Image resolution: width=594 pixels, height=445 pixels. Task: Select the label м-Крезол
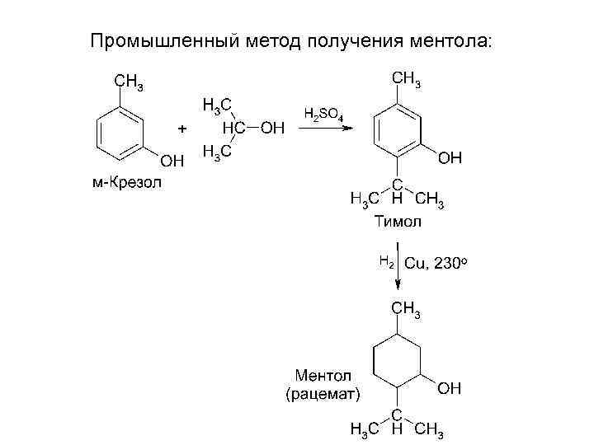[126, 181]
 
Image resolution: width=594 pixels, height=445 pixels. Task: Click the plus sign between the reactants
[182, 129]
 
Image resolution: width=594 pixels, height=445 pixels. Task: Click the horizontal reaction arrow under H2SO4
[326, 128]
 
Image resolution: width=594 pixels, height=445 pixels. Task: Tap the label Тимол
[398, 221]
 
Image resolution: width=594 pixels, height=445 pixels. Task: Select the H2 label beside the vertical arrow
[386, 261]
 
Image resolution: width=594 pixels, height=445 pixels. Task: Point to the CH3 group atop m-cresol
[130, 81]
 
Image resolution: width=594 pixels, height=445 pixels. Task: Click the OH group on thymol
[450, 157]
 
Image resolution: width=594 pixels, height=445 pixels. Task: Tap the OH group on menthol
[450, 387]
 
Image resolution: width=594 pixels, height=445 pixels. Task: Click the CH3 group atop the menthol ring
[407, 309]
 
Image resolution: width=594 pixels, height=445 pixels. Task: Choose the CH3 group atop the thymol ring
[407, 79]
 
